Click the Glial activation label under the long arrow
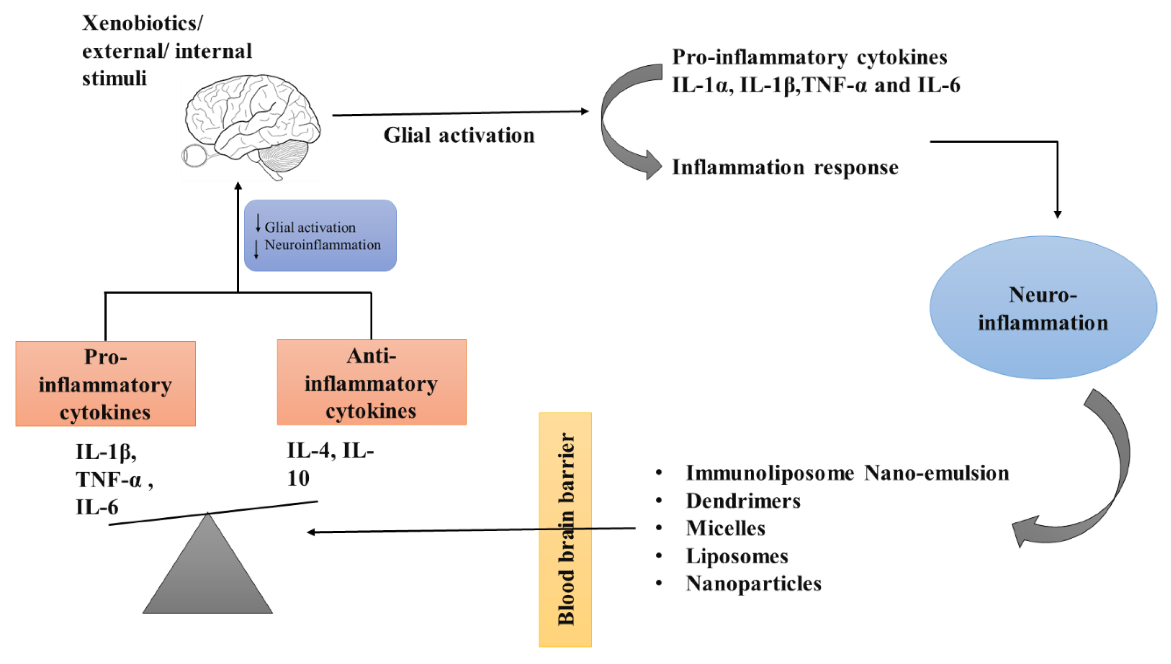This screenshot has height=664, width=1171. click(459, 135)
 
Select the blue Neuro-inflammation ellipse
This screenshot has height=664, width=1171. click(1043, 308)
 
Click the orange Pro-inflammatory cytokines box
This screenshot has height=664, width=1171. click(105, 384)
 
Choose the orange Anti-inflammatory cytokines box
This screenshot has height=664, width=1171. click(371, 382)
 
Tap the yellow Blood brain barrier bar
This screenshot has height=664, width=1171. click(565, 529)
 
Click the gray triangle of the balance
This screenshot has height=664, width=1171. click(207, 574)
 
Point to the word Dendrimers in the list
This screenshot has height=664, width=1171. click(743, 501)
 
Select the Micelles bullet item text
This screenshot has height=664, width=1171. click(725, 528)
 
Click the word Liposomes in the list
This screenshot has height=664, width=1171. click(737, 556)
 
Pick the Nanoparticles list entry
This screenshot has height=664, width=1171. click(753, 583)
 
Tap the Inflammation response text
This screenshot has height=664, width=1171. click(785, 167)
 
